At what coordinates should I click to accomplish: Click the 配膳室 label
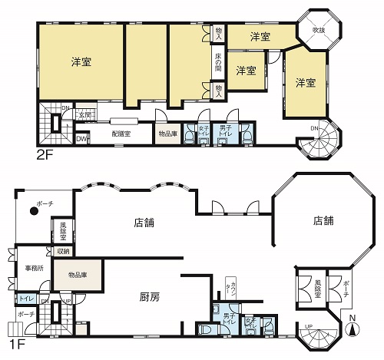coord(121,132)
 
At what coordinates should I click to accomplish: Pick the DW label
coord(81,139)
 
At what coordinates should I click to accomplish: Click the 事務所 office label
coord(33,268)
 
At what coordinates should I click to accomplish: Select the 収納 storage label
coord(62,251)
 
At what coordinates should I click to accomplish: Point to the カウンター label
coord(227,289)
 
